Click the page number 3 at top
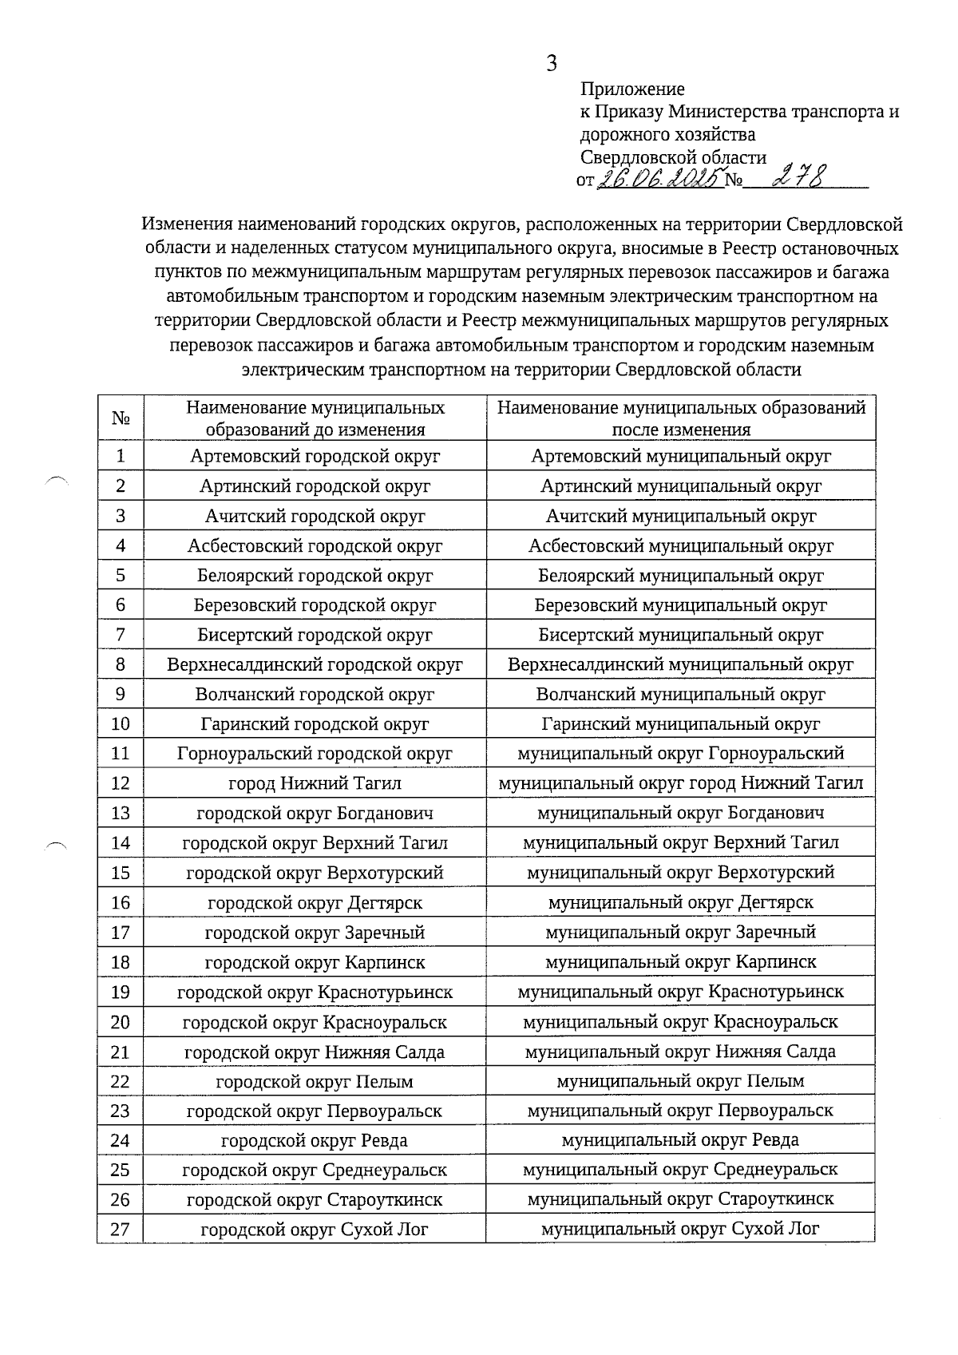tap(551, 64)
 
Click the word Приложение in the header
tap(632, 89)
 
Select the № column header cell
tap(121, 418)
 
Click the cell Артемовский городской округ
tap(315, 456)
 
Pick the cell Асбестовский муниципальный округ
tap(680, 546)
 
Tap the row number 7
tap(121, 635)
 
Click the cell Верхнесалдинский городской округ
tap(315, 664)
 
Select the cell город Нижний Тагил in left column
tap(315, 783)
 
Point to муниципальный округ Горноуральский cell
tap(680, 753)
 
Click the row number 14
tap(121, 842)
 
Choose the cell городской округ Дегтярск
tap(315, 902)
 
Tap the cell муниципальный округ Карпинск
tap(680, 962)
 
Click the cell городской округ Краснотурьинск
tap(315, 992)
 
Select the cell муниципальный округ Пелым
tap(680, 1081)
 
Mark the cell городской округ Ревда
tap(315, 1140)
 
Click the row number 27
tap(121, 1229)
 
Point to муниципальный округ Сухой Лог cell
tap(680, 1229)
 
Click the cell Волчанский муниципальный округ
tap(680, 695)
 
